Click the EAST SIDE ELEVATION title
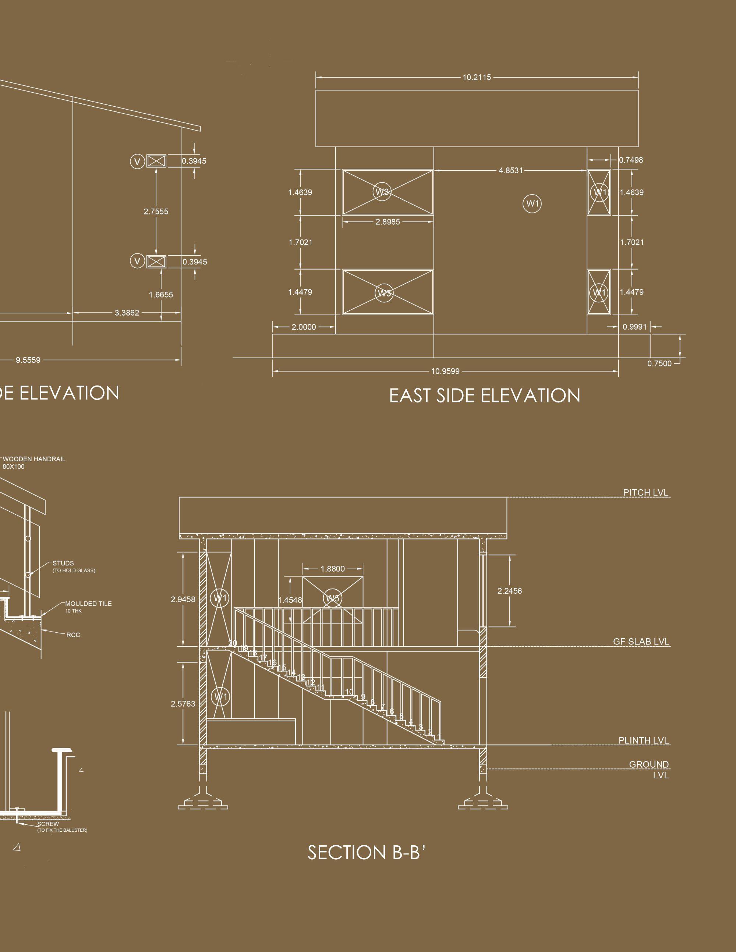tap(484, 396)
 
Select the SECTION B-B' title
tap(366, 852)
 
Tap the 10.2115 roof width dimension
tap(477, 78)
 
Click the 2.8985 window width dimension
tap(388, 222)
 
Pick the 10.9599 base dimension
tap(445, 372)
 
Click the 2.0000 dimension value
tap(304, 327)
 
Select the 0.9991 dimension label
tap(634, 327)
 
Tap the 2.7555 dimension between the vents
tap(156, 212)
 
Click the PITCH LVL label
tap(645, 493)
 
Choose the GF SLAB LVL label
tap(641, 642)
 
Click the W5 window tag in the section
tap(332, 598)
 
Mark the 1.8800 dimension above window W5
tap(332, 569)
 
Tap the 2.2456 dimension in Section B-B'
tap(509, 591)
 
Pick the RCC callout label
tap(73, 635)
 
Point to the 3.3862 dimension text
tap(127, 313)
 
